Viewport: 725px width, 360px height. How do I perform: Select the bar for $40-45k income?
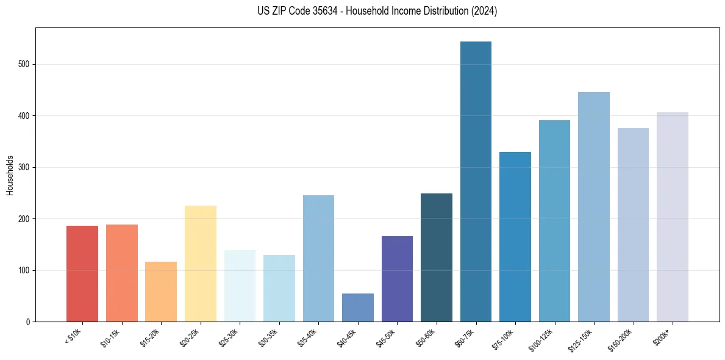point(358,308)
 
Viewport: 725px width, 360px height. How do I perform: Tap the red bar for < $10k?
point(82,274)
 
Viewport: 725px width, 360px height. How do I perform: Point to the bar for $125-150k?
point(594,207)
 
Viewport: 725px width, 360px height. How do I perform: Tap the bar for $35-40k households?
point(318,259)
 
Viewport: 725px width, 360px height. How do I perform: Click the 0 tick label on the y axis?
point(28,322)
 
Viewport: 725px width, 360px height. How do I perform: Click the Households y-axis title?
point(10,175)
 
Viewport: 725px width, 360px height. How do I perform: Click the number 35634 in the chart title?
point(317,11)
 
